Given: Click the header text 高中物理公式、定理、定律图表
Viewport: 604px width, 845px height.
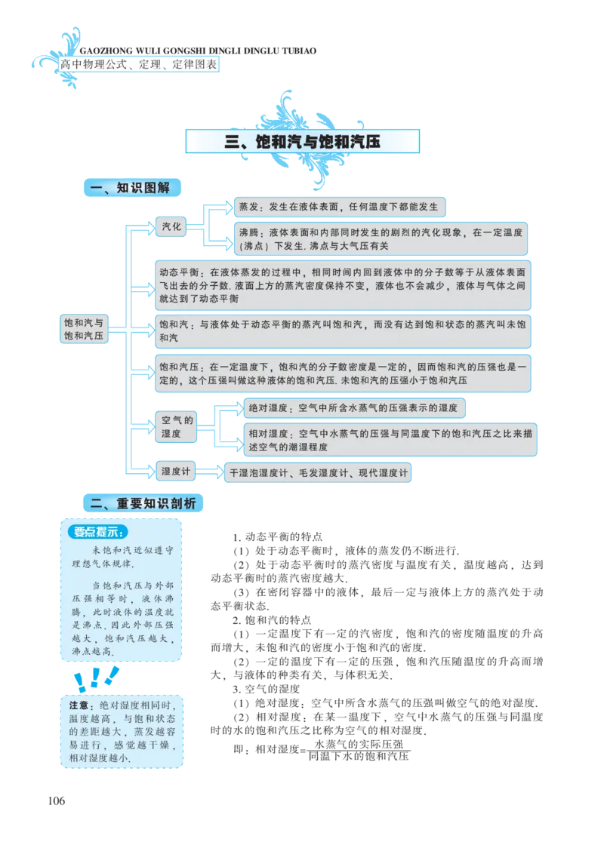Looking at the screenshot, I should (139, 65).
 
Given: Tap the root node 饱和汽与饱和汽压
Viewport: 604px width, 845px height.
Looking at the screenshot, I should (85, 328).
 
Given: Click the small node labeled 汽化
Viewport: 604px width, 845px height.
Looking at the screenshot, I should (171, 226).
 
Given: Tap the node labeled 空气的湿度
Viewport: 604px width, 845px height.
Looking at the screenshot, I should (176, 426).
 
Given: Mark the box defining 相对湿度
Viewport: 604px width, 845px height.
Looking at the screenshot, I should (390, 441).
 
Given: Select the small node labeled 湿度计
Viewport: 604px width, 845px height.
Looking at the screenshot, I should (175, 471).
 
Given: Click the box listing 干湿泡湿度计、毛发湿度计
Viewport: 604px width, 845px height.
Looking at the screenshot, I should (317, 473).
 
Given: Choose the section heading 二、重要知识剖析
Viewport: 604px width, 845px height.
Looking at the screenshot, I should (143, 502).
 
